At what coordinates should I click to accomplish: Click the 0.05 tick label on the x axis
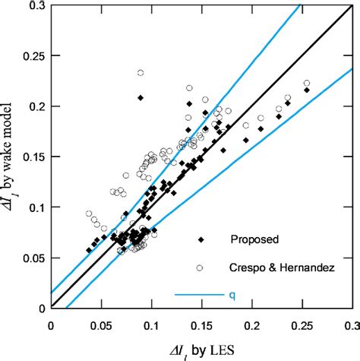tap(100, 325)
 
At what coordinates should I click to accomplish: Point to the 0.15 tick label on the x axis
tap(201, 325)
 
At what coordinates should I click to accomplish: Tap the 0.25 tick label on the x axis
tap(302, 325)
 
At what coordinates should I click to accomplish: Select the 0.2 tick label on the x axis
tap(251, 325)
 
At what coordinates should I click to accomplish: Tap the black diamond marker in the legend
tap(201, 239)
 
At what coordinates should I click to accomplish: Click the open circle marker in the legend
tap(201, 268)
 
